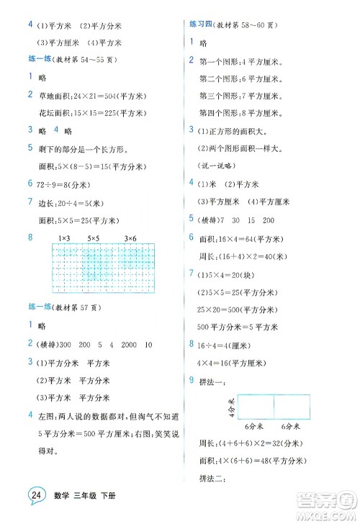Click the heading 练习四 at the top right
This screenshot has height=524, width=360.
[199, 24]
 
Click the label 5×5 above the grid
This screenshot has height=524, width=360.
[95, 237]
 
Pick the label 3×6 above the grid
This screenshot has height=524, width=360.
[130, 237]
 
